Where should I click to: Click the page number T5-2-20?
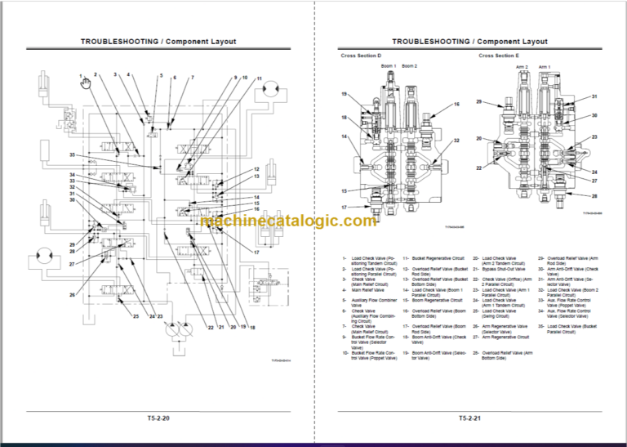[158, 418]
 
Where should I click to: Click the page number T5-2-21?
[469, 418]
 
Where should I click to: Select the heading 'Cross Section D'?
[359, 56]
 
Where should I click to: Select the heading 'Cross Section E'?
[498, 56]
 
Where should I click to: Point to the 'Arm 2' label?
[522, 66]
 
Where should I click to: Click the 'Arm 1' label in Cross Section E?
[544, 66]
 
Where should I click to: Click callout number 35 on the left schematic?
[72, 154]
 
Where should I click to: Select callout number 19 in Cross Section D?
[345, 95]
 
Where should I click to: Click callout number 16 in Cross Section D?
[456, 105]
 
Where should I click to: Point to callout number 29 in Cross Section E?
[479, 102]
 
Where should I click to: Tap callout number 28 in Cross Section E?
[594, 196]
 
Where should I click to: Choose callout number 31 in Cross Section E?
[594, 96]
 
